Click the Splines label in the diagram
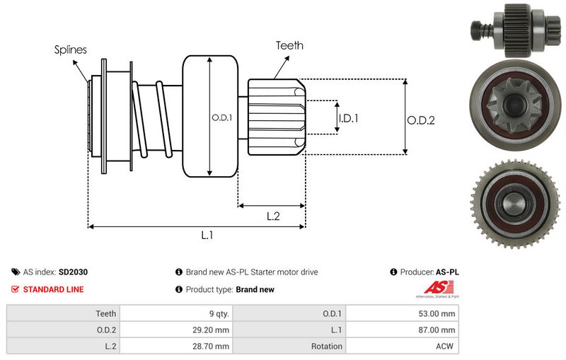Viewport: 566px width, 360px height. (71, 50)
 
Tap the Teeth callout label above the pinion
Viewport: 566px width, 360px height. (289, 45)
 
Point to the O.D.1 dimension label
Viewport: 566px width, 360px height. (222, 117)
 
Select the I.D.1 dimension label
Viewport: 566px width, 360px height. (348, 118)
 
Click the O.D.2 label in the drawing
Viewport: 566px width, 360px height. (420, 120)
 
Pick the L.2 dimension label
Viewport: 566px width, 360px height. (274, 217)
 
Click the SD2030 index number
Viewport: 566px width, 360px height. (74, 272)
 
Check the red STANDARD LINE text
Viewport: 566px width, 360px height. (53, 289)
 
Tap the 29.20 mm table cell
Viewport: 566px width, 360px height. (212, 330)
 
